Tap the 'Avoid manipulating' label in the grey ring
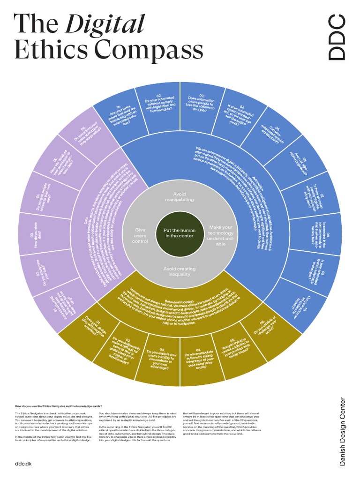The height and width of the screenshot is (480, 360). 180,196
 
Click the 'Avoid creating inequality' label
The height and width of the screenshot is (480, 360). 180,271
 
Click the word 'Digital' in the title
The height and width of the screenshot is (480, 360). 105,24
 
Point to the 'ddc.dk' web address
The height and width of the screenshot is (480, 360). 23,463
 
